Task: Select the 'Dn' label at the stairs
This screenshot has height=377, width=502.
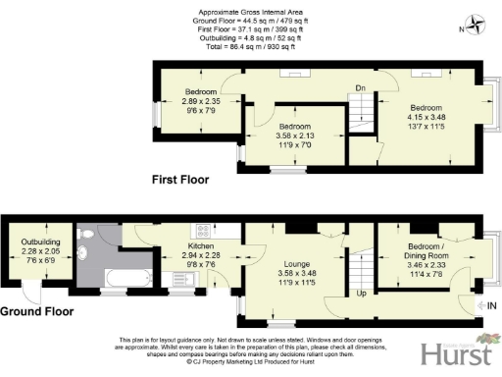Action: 361,86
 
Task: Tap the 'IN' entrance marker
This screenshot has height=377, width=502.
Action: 492,307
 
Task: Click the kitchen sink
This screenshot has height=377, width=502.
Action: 205,278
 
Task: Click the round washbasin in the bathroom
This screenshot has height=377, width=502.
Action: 89,256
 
